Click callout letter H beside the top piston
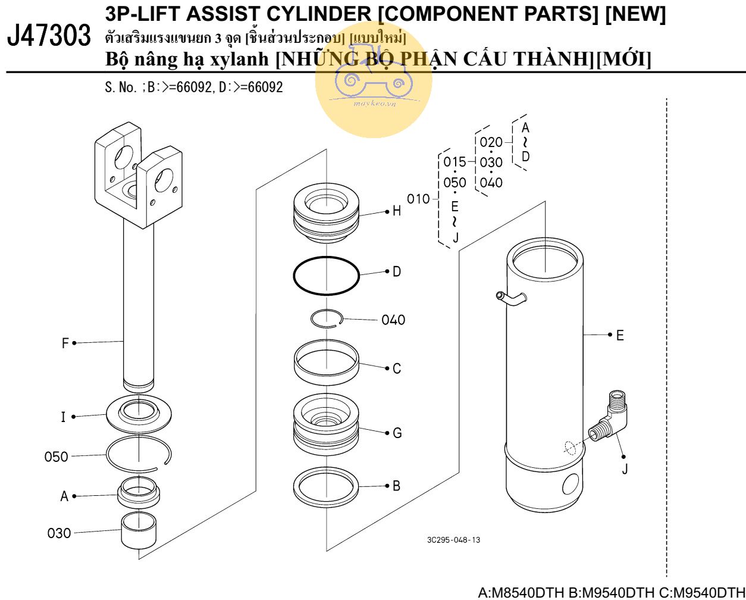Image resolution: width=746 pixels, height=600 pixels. [x=397, y=211]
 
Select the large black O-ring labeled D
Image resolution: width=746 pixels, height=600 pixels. [x=326, y=275]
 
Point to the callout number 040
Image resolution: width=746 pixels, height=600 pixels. [x=393, y=320]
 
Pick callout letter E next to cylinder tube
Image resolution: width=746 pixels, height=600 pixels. [x=620, y=335]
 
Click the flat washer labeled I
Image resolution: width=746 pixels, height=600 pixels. [x=139, y=411]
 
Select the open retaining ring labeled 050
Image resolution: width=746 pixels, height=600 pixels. [x=139, y=452]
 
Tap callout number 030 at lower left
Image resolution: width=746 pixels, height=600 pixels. [x=59, y=533]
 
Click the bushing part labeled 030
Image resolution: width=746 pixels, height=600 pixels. [x=138, y=530]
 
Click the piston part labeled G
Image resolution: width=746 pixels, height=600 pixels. [x=326, y=424]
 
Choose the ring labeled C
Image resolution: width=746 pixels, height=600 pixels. [x=327, y=361]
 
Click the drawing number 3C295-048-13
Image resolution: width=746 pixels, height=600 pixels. [x=453, y=540]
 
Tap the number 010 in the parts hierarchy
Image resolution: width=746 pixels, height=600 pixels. [x=418, y=198]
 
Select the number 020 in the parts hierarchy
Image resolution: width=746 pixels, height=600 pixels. [x=491, y=142]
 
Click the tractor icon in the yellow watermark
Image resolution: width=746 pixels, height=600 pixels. [x=373, y=80]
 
